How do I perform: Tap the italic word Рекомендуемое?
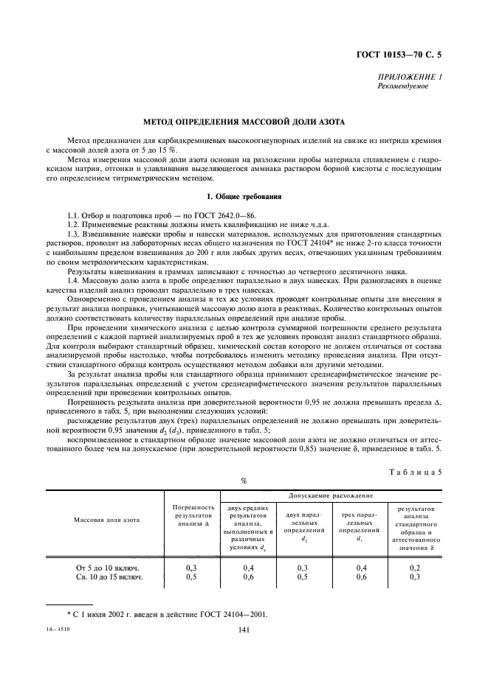tap(402, 86)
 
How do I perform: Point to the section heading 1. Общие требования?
tap(244, 197)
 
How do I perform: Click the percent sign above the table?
tap(243, 481)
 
